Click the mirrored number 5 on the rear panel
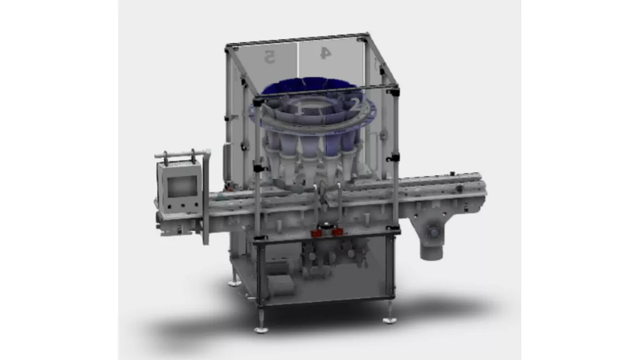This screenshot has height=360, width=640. pyautogui.click(x=269, y=56)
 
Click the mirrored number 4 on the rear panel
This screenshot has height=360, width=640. pyautogui.click(x=325, y=53)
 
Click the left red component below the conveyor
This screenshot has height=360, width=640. pyautogui.click(x=316, y=234)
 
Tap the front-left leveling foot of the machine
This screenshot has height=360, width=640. pyautogui.click(x=260, y=329)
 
